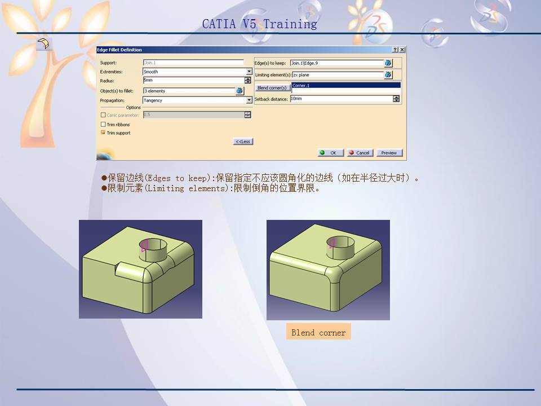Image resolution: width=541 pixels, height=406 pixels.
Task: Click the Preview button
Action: (x=388, y=153)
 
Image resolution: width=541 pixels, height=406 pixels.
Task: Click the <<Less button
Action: (x=243, y=142)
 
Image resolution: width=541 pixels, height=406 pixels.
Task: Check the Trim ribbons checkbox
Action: (x=103, y=125)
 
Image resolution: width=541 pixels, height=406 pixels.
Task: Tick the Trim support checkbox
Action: (x=103, y=133)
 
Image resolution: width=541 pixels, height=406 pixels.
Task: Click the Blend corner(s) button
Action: (x=272, y=88)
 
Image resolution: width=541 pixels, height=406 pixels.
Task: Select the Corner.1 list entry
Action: (x=345, y=86)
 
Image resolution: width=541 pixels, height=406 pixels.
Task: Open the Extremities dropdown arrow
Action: (x=249, y=72)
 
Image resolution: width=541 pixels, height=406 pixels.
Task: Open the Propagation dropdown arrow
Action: (x=249, y=100)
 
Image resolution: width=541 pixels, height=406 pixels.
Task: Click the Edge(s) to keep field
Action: (x=336, y=63)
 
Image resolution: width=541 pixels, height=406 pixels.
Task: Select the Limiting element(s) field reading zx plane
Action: (x=337, y=75)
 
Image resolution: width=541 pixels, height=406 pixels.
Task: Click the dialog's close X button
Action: (x=402, y=50)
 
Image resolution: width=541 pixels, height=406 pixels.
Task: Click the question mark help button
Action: (x=396, y=50)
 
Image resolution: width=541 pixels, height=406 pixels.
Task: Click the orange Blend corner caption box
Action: (x=318, y=332)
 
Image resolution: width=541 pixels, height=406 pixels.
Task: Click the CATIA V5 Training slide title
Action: (x=259, y=24)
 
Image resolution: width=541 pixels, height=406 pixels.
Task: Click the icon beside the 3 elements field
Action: (x=240, y=91)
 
